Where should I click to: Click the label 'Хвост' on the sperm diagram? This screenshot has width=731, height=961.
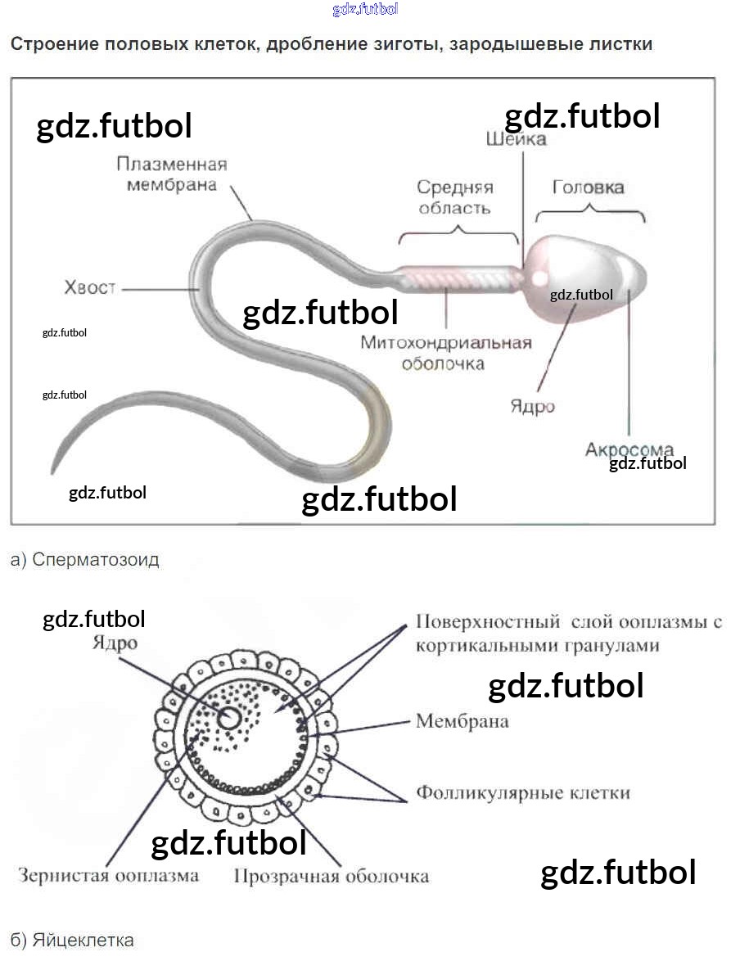pyautogui.click(x=90, y=287)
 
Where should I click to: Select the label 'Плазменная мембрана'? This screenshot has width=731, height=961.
pyautogui.click(x=171, y=174)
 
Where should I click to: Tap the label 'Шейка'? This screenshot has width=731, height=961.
pyautogui.click(x=516, y=139)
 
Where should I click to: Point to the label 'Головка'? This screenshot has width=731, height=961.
pyautogui.click(x=588, y=187)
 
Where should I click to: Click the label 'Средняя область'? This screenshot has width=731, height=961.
pyautogui.click(x=455, y=197)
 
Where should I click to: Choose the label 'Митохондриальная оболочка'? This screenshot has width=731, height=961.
pyautogui.click(x=446, y=352)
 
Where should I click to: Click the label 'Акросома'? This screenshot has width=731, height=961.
pyautogui.click(x=629, y=449)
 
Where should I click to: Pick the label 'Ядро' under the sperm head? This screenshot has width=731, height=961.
pyautogui.click(x=533, y=407)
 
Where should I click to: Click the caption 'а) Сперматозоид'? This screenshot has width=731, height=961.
pyautogui.click(x=85, y=560)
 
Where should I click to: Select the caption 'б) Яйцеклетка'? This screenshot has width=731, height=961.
pyautogui.click(x=72, y=940)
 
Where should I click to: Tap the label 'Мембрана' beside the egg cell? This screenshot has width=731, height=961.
pyautogui.click(x=463, y=721)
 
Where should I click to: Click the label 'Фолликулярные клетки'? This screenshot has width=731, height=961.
pyautogui.click(x=523, y=792)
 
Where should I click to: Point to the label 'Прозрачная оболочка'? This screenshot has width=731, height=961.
pyautogui.click(x=331, y=876)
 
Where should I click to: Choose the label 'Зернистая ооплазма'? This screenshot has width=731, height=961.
pyautogui.click(x=108, y=875)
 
